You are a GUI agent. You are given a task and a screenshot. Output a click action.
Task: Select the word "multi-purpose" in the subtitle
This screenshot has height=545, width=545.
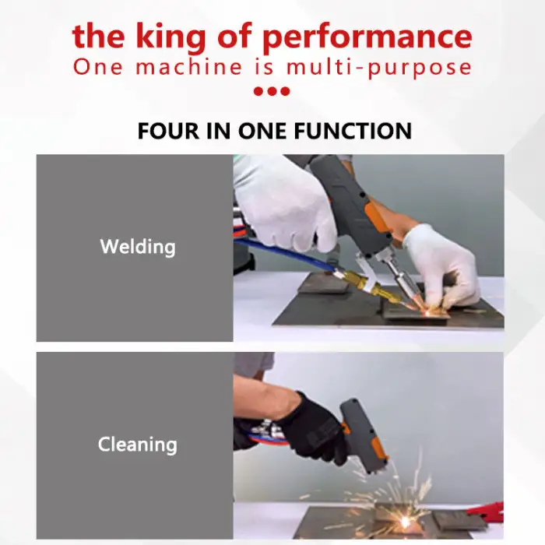[379, 68]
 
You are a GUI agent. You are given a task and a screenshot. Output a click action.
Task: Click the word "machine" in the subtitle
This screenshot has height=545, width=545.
[188, 66]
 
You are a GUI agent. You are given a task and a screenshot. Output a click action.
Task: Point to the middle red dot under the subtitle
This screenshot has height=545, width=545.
[272, 91]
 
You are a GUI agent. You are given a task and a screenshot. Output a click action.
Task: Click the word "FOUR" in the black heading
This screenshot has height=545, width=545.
[168, 131]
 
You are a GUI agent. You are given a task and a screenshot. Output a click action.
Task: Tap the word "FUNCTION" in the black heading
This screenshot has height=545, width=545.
[353, 131]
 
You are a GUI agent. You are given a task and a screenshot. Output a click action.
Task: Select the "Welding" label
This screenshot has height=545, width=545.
[138, 247]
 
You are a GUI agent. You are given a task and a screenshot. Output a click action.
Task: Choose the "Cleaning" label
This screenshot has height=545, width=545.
[138, 445]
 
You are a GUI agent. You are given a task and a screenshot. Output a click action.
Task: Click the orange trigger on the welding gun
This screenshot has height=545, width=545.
[377, 217]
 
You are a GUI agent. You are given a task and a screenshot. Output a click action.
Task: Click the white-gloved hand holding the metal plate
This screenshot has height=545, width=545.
[442, 265]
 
